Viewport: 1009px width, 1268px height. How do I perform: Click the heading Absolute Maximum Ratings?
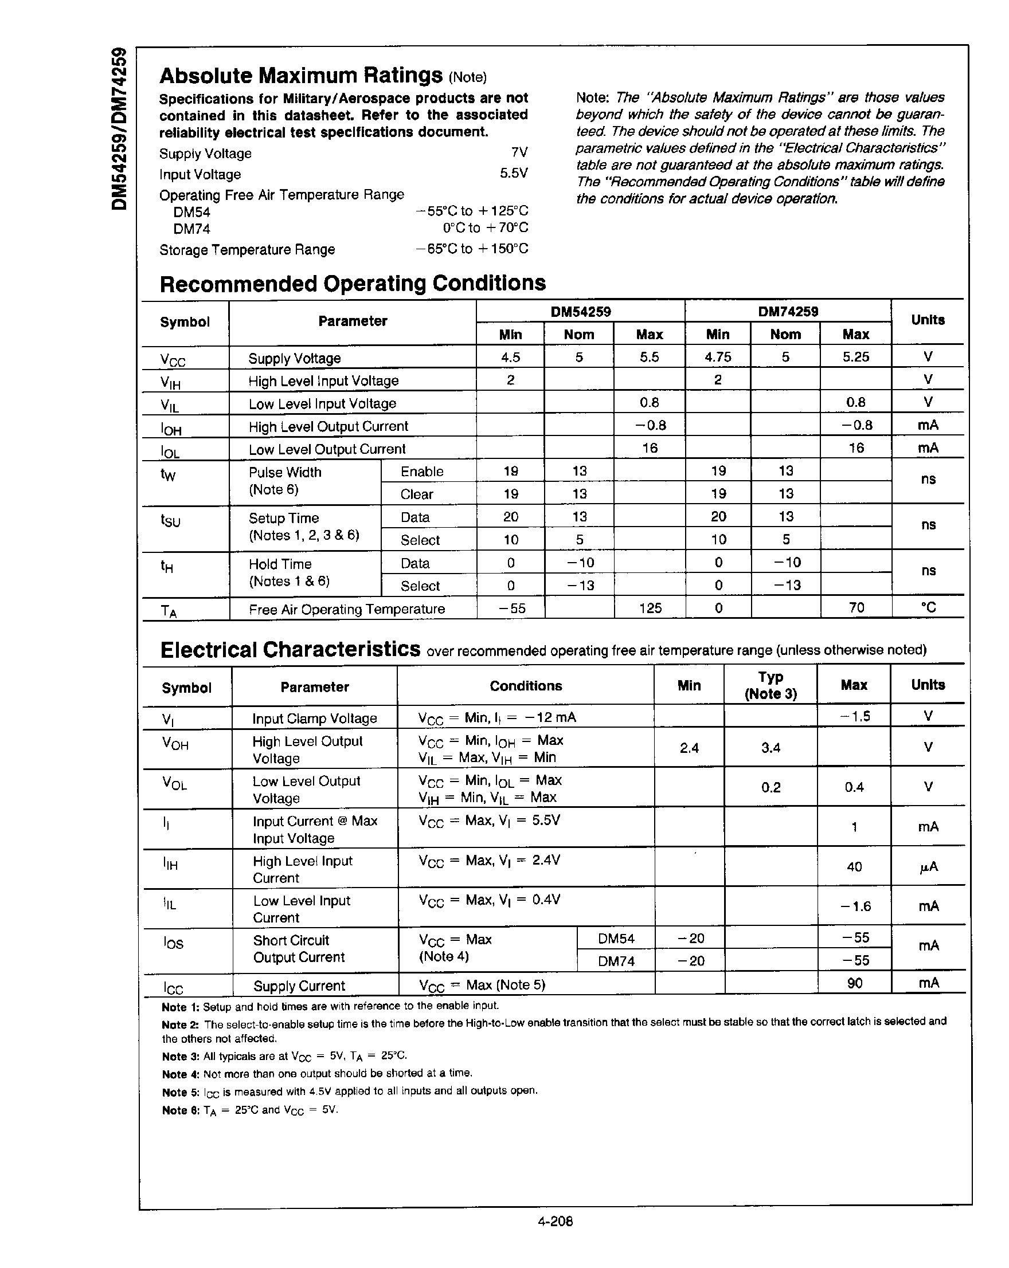point(300,76)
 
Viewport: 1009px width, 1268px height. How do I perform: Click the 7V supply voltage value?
point(519,153)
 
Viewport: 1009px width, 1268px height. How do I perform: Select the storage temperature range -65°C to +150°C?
point(471,249)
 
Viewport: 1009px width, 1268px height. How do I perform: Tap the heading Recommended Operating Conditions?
point(353,284)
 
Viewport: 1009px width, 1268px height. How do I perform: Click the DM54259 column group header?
point(580,312)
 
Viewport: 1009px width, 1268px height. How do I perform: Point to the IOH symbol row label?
point(171,429)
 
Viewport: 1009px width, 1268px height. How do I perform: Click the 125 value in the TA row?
point(650,608)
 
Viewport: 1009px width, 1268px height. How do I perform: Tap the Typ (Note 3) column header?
point(770,685)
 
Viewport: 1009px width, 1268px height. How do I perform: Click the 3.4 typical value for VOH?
point(770,748)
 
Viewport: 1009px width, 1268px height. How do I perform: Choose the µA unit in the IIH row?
point(928,867)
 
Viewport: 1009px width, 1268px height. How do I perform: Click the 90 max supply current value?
point(854,983)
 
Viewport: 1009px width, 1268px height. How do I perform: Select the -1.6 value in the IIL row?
point(855,906)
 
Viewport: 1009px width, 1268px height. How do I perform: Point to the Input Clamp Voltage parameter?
point(314,719)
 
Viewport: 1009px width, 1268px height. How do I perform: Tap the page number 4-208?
point(555,1222)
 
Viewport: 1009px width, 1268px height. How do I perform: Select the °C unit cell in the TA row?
point(928,608)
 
